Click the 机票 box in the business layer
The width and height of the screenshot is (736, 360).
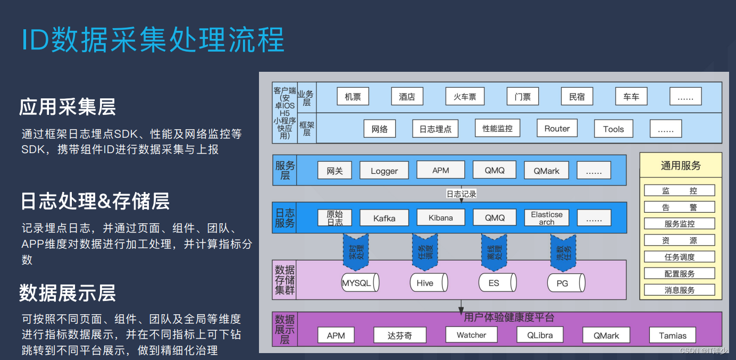pos(353,97)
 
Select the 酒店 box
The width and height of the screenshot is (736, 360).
pos(407,97)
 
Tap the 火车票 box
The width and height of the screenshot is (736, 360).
pos(465,97)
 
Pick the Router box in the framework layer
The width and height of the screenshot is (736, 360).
pos(557,129)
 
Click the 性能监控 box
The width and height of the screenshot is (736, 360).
pos(497,129)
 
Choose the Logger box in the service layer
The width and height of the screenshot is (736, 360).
pos(384,171)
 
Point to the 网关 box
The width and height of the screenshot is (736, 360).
pos(334,171)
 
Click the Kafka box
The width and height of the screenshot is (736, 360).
pos(384,218)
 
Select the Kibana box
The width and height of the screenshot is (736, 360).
pos(440,217)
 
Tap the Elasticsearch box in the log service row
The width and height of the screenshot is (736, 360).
pos(546,218)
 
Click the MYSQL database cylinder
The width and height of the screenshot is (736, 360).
pos(359,283)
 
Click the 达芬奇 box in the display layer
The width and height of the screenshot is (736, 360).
pos(399,336)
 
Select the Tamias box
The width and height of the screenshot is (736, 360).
pos(673,336)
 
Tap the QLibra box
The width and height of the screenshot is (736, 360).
pos(540,336)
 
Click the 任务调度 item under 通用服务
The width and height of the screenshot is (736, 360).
pos(679,257)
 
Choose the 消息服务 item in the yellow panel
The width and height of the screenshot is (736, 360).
pos(679,290)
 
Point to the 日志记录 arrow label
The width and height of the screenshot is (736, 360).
pos(461,194)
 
